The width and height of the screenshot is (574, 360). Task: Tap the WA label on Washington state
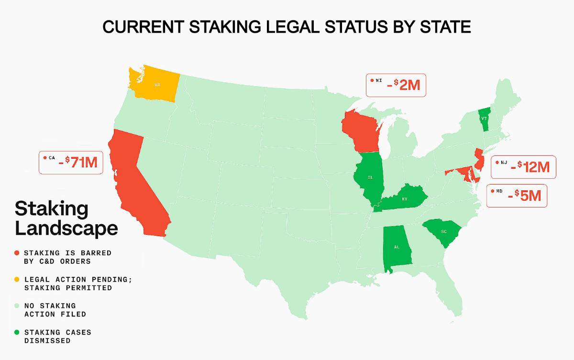pos(157,85)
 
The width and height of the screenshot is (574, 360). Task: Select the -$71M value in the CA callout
pos(77,163)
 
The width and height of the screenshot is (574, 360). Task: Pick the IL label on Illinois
pos(370,177)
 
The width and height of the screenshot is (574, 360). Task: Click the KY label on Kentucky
pos(405,199)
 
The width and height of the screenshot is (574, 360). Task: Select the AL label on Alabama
pos(397,248)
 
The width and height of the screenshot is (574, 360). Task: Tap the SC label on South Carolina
pos(443,231)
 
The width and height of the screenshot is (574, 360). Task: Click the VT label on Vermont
pos(484,118)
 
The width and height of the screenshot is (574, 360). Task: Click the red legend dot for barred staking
pos(17,252)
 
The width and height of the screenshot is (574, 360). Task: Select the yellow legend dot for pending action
pos(17,279)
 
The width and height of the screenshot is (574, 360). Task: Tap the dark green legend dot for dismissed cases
pos(17,332)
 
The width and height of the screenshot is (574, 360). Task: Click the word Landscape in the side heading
pos(66,228)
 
